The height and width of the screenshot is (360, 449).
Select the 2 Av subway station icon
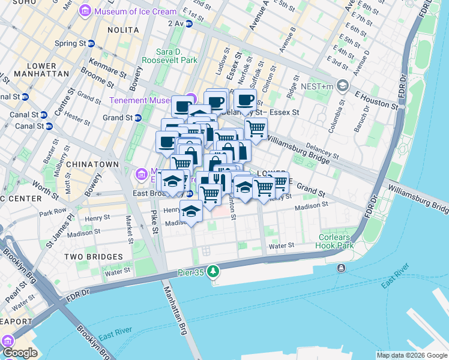coord(189,23)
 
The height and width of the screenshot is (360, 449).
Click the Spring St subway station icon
coord(91,43)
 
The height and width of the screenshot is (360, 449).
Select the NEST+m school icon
coord(343,85)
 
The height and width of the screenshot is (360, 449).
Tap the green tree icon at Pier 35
coord(212,273)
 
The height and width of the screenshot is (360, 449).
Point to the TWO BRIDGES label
coord(93,256)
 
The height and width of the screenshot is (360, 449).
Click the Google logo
coord(20,353)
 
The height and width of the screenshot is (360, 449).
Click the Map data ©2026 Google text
coord(411,355)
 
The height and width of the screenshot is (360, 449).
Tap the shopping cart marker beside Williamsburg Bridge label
coord(256,128)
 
